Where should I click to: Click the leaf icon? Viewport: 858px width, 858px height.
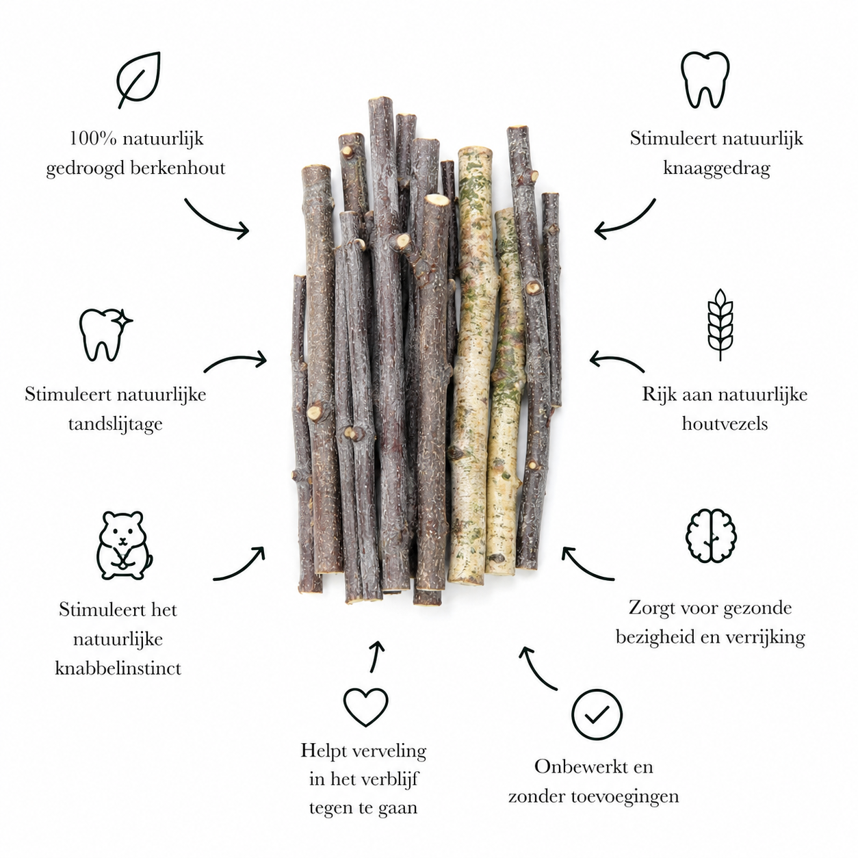click(x=138, y=79)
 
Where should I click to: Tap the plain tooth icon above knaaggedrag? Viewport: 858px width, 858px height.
click(x=705, y=79)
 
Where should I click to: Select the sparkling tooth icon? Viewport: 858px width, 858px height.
click(x=105, y=334)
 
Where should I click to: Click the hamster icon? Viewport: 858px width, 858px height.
click(x=124, y=545)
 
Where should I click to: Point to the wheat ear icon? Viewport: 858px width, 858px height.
click(x=720, y=324)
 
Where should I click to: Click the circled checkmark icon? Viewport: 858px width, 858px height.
click(x=597, y=714)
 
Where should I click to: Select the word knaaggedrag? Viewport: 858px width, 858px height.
click(x=717, y=169)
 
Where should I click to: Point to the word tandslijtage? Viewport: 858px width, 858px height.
click(x=116, y=424)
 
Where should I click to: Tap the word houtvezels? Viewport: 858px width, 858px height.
click(x=725, y=424)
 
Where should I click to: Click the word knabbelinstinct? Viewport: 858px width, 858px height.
click(x=118, y=668)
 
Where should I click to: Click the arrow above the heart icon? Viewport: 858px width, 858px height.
click(x=376, y=656)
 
